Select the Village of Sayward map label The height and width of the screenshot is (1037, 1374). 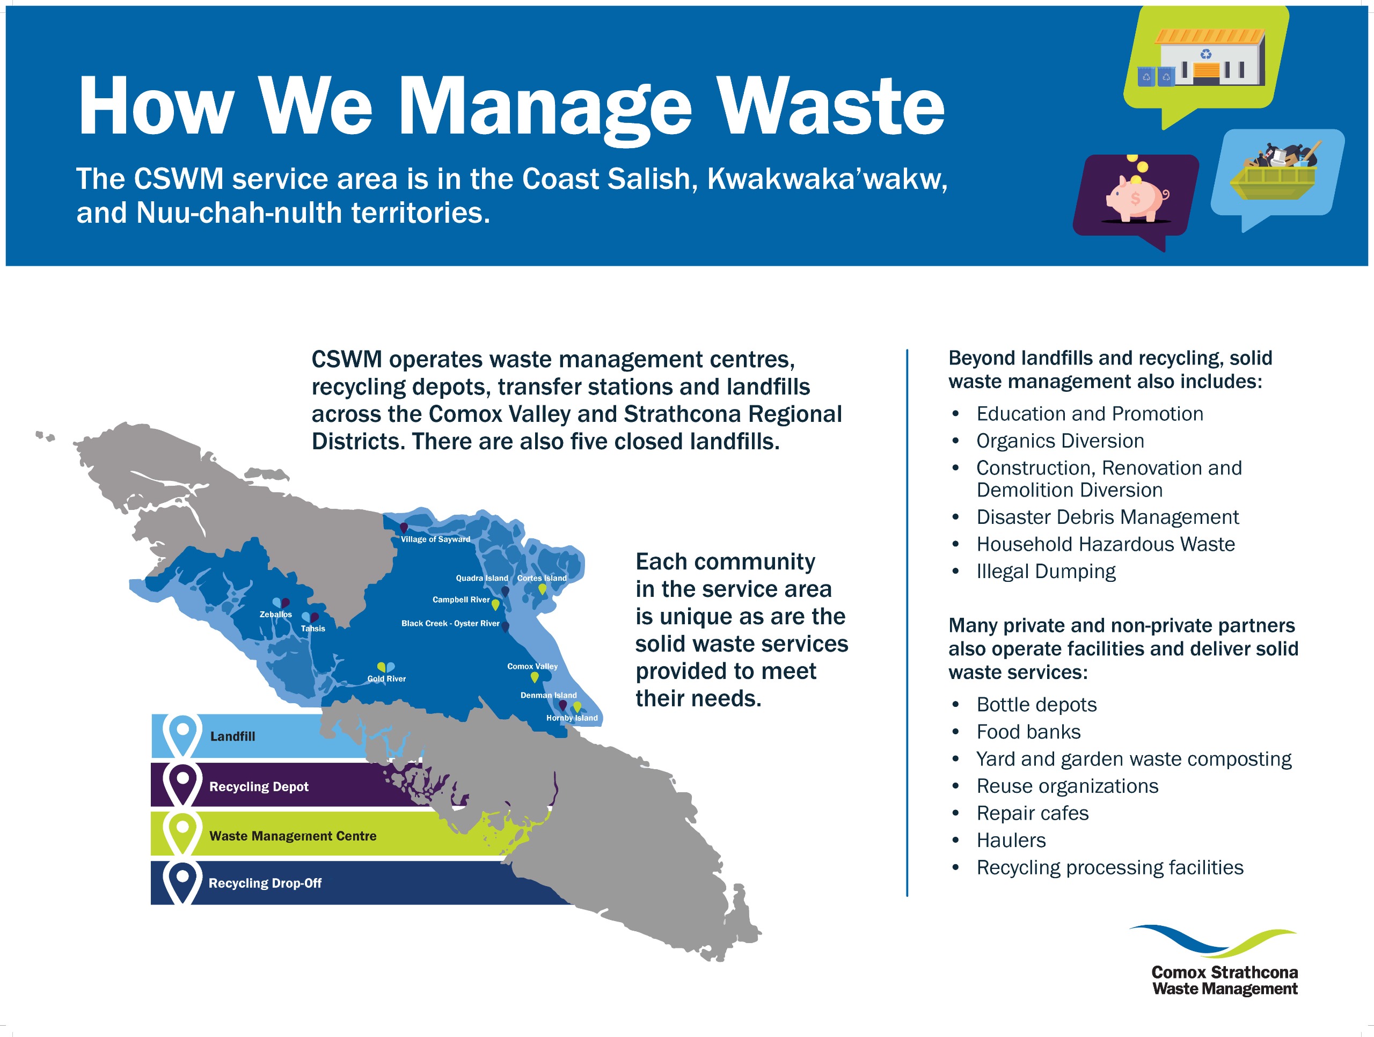point(435,539)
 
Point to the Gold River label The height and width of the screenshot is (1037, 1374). point(386,678)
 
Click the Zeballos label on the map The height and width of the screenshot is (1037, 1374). point(276,614)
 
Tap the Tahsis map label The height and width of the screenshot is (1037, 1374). point(313,628)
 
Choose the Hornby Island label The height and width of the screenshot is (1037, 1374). point(572,718)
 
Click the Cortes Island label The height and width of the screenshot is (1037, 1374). point(542,578)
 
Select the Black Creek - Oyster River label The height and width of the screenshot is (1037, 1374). point(450,623)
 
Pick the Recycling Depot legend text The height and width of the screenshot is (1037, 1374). point(259,786)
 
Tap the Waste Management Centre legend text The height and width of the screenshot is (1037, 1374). point(293,836)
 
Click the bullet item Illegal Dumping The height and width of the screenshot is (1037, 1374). point(1046,571)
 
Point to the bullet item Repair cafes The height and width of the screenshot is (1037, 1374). point(1032,813)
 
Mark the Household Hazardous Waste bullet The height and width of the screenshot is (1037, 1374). point(1106,544)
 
